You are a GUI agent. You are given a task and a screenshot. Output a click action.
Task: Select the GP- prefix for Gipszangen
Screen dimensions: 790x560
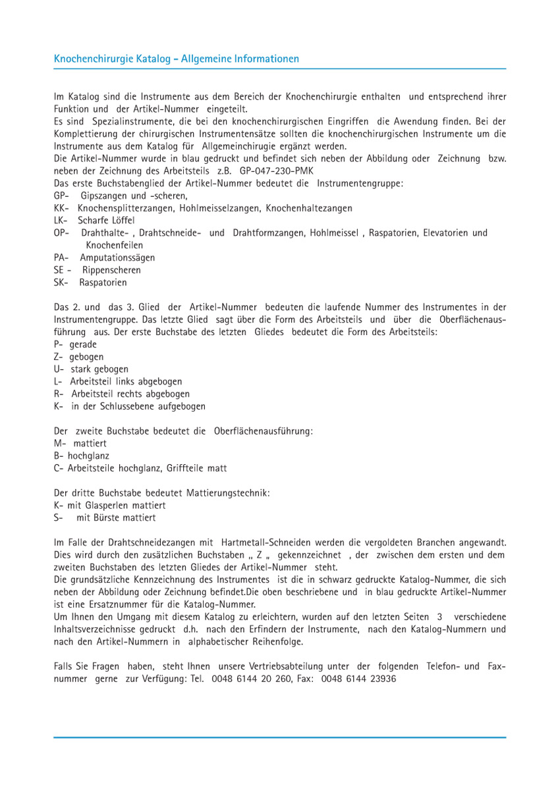[x=61, y=196]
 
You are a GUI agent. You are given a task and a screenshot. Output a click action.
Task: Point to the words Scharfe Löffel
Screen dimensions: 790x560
[x=106, y=221]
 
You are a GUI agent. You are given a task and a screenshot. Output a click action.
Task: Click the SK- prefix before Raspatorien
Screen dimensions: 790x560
[x=62, y=282]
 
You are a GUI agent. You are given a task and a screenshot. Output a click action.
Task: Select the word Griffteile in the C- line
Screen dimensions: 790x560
[x=190, y=468]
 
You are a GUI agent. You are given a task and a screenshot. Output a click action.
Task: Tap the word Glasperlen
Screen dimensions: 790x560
[x=107, y=506]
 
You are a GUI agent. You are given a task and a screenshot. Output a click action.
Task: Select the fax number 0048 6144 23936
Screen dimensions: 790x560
[x=358, y=679]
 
